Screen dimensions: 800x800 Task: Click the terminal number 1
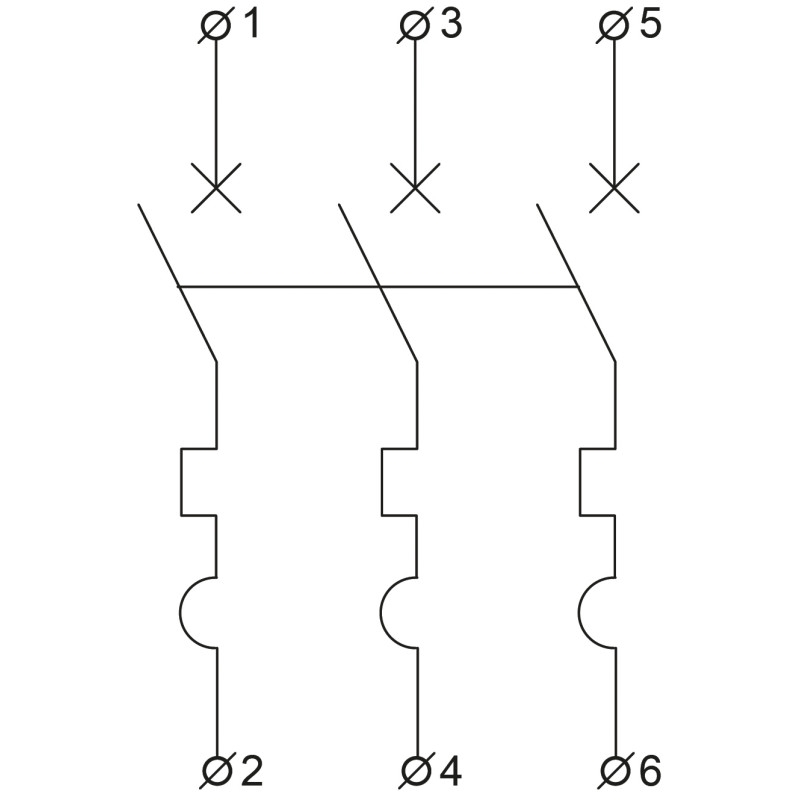point(252,25)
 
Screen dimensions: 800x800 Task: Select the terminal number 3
point(452,25)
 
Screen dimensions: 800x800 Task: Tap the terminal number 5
point(651,25)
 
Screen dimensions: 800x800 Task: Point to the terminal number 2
point(252,770)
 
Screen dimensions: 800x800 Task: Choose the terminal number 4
point(451,770)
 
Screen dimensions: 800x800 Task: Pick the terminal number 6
point(651,770)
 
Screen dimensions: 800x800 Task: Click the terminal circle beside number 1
point(215,26)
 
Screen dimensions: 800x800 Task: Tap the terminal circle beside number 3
point(415,26)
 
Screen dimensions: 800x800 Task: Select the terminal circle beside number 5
point(614,26)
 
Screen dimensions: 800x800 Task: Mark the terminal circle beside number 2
point(216,771)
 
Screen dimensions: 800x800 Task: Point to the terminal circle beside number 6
point(615,771)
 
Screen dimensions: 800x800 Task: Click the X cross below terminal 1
point(216,188)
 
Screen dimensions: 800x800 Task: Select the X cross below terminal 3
point(415,188)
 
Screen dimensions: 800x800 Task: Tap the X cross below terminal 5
point(614,188)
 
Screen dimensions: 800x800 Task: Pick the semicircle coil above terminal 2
point(180,612)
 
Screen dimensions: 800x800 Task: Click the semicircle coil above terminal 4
point(382,612)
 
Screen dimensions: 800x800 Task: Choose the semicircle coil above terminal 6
point(580,612)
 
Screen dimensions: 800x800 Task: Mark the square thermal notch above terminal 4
point(382,482)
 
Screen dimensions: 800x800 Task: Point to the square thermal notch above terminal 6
point(580,482)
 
